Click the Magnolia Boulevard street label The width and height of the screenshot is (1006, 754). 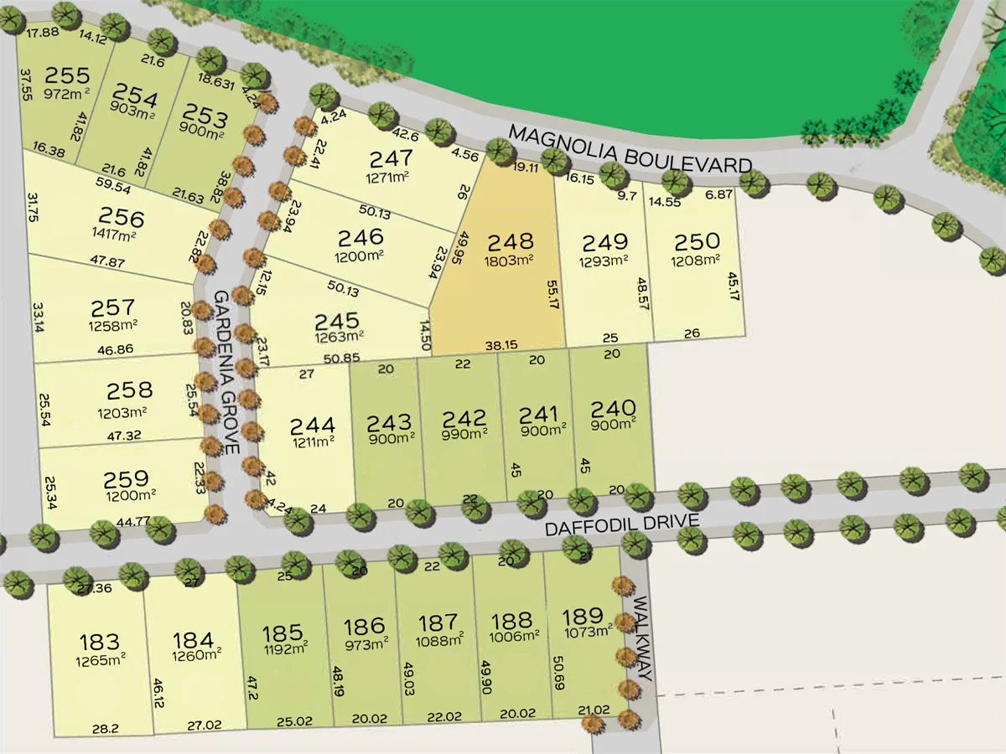click(630, 149)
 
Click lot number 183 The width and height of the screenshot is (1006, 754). click(100, 643)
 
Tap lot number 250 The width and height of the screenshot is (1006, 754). click(697, 242)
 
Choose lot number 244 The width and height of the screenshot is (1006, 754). click(313, 426)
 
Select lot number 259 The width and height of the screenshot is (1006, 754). click(126, 480)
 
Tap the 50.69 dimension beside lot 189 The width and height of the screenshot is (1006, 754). click(558, 673)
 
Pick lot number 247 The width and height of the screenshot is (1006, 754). click(391, 158)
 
